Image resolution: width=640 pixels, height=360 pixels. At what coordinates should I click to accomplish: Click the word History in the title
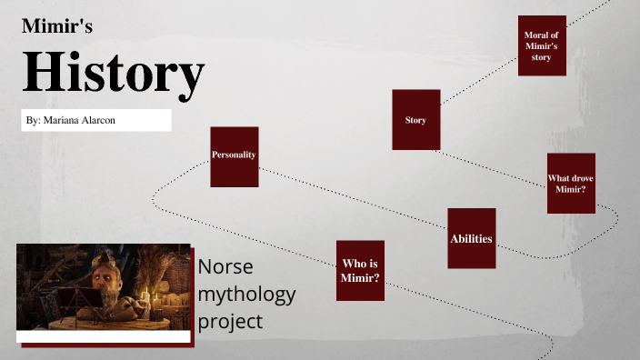pyautogui.click(x=113, y=75)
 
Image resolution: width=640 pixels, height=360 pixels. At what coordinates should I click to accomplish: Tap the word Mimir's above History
pyautogui.click(x=57, y=27)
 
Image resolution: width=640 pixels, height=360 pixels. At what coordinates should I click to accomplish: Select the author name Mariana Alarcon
pyautogui.click(x=71, y=121)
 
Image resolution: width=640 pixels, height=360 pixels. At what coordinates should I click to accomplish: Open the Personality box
pyautogui.click(x=235, y=156)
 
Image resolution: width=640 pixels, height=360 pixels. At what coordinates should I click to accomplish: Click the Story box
pyautogui.click(x=415, y=120)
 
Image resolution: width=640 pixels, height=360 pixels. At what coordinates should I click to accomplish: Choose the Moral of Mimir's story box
pyautogui.click(x=542, y=45)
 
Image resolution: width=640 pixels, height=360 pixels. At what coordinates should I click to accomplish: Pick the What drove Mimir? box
pyautogui.click(x=571, y=184)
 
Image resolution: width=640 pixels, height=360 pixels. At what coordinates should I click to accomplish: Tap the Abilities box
pyautogui.click(x=471, y=238)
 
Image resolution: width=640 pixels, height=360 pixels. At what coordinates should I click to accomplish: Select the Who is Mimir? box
pyautogui.click(x=360, y=271)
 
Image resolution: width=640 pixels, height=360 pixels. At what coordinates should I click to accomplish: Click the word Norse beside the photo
pyautogui.click(x=225, y=267)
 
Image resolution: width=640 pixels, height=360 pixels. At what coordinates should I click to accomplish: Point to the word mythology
pyautogui.click(x=247, y=295)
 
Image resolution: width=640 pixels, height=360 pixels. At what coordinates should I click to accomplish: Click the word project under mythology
pyautogui.click(x=231, y=321)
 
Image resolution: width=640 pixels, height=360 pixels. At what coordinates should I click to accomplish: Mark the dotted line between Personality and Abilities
pyautogui.click(x=355, y=195)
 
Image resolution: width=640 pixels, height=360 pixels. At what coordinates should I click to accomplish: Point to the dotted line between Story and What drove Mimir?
pyautogui.click(x=491, y=167)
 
